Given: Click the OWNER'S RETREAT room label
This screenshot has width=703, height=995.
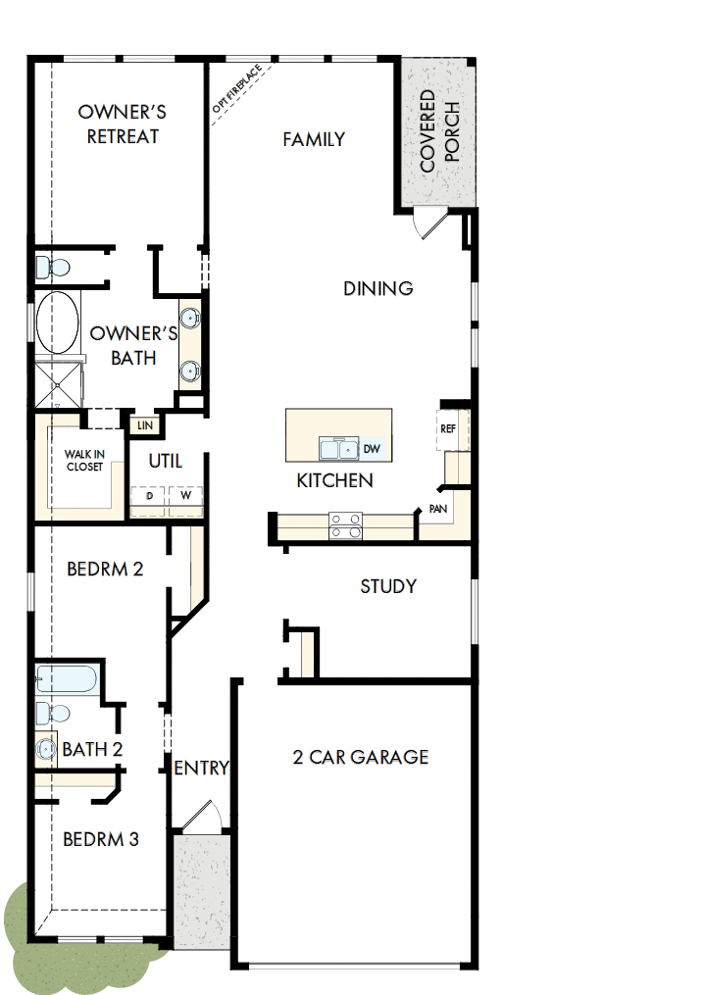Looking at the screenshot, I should tap(119, 124).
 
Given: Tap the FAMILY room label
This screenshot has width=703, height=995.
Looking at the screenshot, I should tap(314, 139).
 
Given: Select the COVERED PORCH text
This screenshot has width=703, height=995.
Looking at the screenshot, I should tap(438, 131).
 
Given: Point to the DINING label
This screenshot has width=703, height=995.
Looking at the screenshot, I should tap(377, 288).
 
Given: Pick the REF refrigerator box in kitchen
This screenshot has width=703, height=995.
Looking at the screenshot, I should tap(448, 429).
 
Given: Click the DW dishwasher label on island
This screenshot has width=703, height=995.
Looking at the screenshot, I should tap(371, 449).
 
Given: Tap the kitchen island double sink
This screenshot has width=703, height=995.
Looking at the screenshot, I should tap(339, 449).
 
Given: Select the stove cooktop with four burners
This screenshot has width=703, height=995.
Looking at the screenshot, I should tap(345, 526).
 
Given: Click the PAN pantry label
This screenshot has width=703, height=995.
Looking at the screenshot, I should tap(438, 510).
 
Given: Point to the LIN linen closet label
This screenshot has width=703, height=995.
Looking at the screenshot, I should tap(145, 424).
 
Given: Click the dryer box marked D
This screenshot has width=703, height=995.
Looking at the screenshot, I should tap(149, 496).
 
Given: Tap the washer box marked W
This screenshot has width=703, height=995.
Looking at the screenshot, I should tap(184, 496).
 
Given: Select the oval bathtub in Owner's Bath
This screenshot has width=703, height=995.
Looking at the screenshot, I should tap(58, 323).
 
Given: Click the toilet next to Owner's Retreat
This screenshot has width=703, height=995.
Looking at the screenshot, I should tap(51, 267).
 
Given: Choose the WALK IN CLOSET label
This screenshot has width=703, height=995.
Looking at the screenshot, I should tap(84, 460).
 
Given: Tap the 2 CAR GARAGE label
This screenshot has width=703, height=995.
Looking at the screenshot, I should tap(360, 757).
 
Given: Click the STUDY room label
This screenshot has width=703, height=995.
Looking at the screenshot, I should tap(388, 586).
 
